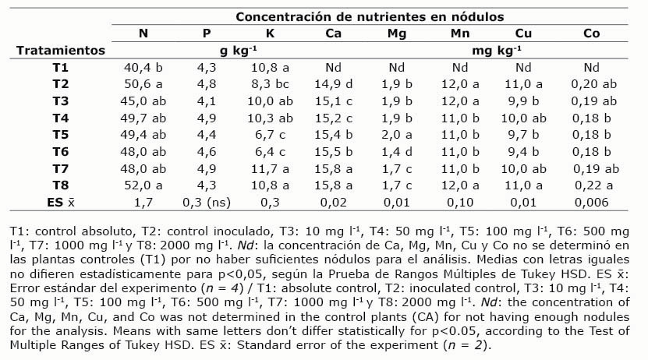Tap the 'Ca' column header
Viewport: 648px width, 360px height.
[x=333, y=33]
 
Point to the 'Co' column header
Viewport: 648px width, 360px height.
[x=592, y=33]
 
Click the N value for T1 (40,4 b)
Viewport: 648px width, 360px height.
[x=143, y=67]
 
